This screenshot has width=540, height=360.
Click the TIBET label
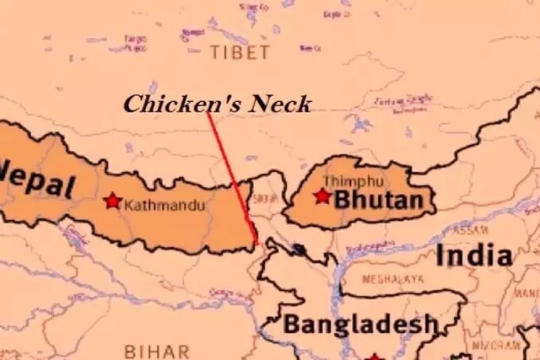tap(240, 52)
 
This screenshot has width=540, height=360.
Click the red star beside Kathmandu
tap(111, 201)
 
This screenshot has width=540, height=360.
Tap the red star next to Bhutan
tap(321, 196)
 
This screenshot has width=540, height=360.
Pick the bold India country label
tap(473, 255)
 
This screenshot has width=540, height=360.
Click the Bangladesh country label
tap(360, 323)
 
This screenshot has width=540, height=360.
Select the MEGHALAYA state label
tap(393, 279)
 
